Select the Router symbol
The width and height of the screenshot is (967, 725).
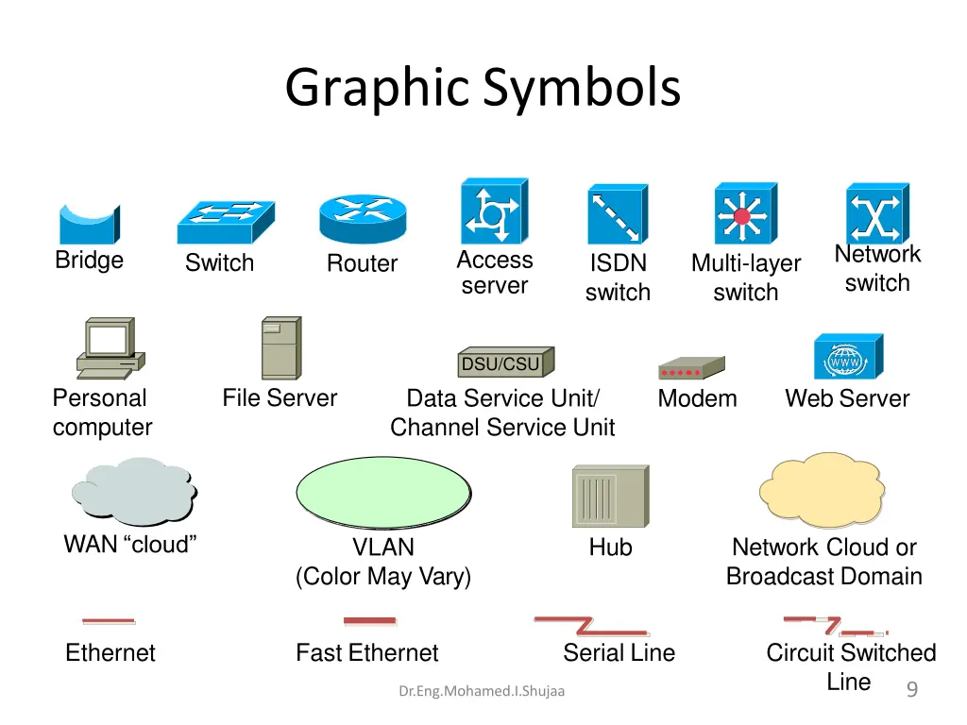coord(363,218)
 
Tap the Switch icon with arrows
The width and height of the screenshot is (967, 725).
coord(226,222)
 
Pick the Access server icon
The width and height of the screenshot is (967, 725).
coord(495,211)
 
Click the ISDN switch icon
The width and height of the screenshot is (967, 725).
coord(618,214)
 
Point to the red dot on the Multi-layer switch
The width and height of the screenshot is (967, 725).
coord(742,216)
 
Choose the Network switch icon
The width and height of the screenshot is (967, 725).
coord(877,213)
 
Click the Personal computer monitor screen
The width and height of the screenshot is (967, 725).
coord(108,339)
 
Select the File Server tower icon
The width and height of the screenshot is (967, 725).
coord(281,347)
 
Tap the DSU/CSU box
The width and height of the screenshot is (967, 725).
coord(506,362)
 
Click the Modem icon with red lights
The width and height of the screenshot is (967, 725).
coord(691,368)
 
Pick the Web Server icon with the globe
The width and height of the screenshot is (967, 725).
coord(849,356)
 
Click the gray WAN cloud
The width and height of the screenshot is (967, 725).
coord(134,491)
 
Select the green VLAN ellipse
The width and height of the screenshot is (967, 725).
coord(383,493)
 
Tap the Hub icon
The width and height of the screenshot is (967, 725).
coord(611,497)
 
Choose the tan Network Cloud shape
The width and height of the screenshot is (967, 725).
coord(823,490)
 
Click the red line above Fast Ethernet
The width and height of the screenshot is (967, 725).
coord(369,621)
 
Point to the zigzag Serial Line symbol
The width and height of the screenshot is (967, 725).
coord(591,625)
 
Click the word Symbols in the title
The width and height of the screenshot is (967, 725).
coord(582,88)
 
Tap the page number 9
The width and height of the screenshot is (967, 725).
coord(912,688)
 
